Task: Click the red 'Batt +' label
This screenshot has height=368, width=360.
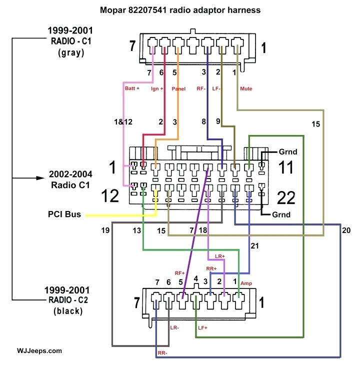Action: point(132,88)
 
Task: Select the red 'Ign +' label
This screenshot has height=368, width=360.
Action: point(158,88)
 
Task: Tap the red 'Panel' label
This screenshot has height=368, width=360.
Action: point(178,88)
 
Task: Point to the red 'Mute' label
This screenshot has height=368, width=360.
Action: point(246,88)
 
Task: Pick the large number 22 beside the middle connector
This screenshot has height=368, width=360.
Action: point(287,198)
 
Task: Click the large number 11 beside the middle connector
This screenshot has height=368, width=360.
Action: point(286,167)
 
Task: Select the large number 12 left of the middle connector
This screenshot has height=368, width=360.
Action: point(109,195)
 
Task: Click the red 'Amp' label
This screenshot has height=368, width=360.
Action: point(246,283)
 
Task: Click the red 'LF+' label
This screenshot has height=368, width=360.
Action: point(202,328)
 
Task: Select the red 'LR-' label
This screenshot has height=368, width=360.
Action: point(174,328)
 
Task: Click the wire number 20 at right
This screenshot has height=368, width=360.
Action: point(347,231)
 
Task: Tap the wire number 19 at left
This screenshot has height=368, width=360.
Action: point(104,231)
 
